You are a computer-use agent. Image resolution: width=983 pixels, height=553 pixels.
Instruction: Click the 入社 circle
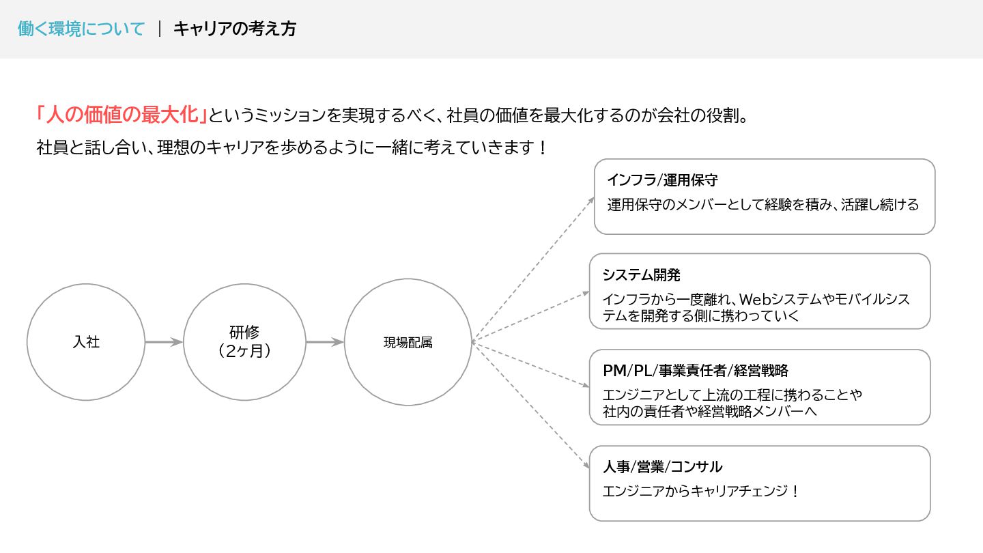point(86,341)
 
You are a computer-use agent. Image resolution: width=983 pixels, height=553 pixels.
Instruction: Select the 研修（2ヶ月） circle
point(244,341)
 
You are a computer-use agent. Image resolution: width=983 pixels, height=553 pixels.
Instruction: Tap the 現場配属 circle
point(408,342)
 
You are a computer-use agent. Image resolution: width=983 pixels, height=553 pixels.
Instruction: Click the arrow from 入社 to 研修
point(164,342)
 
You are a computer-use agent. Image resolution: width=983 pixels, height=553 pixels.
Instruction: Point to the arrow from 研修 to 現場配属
point(324,342)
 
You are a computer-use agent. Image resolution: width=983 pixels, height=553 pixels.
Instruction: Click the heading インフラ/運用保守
point(662,181)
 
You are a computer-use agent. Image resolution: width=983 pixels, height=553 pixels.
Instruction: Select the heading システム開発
point(642,275)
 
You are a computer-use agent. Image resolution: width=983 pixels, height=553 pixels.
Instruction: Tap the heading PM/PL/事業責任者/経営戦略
point(696,371)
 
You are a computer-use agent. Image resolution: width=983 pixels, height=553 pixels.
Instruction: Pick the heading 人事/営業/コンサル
point(662,467)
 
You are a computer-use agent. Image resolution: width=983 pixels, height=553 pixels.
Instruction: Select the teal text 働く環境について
point(81,29)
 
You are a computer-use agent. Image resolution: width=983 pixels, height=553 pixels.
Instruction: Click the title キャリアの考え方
point(235,29)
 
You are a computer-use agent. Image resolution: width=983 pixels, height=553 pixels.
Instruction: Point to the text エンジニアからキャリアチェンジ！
point(701,491)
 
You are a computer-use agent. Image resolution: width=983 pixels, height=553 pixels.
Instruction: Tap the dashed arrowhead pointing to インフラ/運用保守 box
point(591,199)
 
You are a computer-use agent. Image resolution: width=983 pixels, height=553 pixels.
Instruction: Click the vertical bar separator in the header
point(160,29)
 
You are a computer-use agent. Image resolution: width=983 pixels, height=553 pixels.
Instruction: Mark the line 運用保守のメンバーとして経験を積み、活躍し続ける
point(763,204)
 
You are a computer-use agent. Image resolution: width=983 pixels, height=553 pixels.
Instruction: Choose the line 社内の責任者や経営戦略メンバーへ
point(711,412)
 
